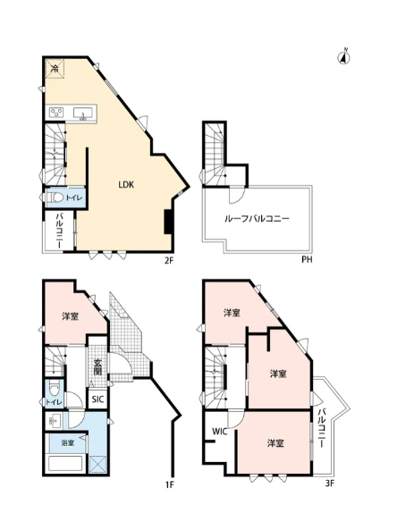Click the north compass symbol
coord(343,57)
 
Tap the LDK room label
coord(126,185)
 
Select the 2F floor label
coord(168,261)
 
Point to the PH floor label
coord(307,260)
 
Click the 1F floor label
coord(169,484)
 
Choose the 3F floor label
coord(330,484)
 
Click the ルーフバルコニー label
coord(257,219)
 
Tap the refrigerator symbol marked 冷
coord(55,69)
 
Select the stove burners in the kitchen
coord(56,113)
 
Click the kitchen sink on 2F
coord(83,114)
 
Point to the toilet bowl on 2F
coord(55,198)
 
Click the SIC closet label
coord(97,399)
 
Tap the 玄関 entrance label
coord(97,367)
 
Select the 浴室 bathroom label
coord(68,443)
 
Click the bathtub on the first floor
coord(65,463)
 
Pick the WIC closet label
coord(220,431)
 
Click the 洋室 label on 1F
coord(71,316)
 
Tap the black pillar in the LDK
coord(168,222)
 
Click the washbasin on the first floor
coord(55,420)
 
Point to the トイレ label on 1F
coord(54,402)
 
